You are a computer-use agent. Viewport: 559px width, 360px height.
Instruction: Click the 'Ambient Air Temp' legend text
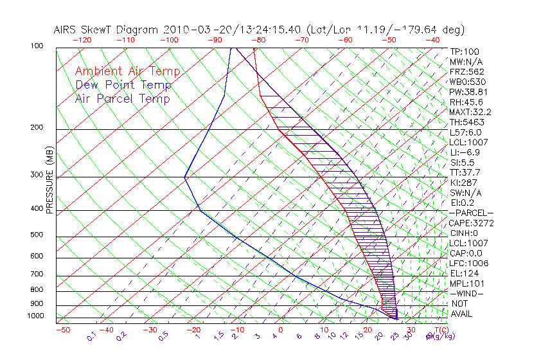127,71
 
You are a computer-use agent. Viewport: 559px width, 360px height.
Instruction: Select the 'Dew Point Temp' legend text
123,85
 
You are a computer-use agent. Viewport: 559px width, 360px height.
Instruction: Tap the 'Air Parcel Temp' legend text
122,98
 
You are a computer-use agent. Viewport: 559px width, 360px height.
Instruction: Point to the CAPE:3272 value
471,223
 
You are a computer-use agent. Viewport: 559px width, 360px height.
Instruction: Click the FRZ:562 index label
466,71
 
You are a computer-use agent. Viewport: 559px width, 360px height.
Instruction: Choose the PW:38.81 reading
468,92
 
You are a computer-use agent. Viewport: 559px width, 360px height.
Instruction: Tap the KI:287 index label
464,183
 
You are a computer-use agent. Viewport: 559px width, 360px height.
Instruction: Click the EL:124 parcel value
464,273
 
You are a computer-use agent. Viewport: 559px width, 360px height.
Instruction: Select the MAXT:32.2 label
471,112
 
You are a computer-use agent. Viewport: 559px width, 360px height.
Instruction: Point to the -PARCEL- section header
471,213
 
